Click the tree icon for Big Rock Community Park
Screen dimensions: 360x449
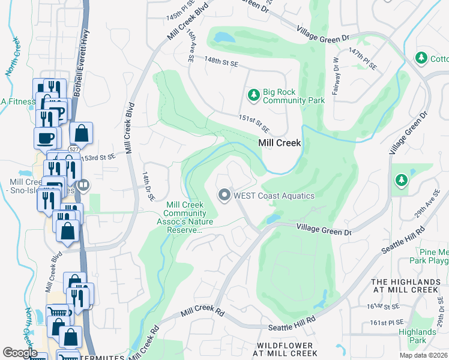click(254, 95)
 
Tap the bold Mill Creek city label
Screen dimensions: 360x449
click(279, 143)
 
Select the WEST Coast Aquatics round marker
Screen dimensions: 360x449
click(224, 196)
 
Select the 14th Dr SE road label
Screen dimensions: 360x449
click(148, 186)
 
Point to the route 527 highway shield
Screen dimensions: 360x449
click(74, 148)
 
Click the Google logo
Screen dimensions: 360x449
click(20, 352)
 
